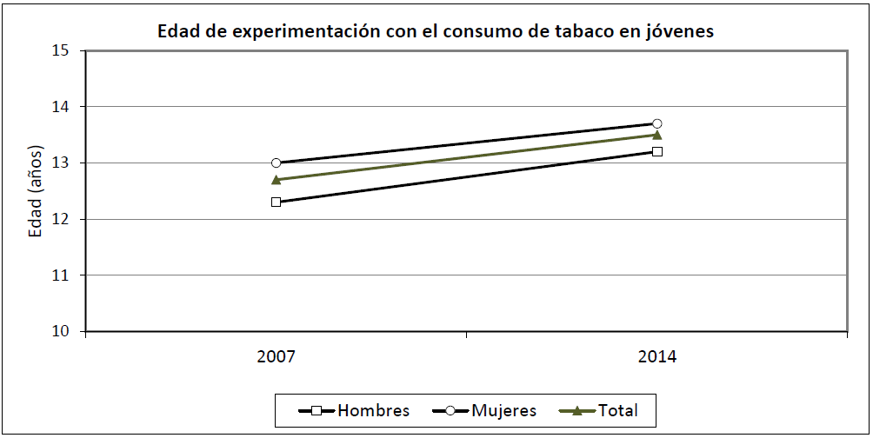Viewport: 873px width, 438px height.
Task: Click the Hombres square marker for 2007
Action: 276,202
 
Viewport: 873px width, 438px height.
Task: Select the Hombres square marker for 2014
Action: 657,151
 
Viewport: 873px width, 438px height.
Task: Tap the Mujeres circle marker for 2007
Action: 276,163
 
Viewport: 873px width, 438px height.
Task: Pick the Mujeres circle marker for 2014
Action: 657,123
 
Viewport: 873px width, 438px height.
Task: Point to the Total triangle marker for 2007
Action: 276,180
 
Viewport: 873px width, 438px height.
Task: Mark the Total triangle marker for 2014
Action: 657,135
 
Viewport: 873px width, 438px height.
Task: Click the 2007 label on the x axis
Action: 276,356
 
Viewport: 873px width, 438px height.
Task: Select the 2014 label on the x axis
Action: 657,356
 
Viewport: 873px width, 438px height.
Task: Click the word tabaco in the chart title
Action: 576,31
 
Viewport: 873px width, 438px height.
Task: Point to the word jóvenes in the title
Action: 679,31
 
